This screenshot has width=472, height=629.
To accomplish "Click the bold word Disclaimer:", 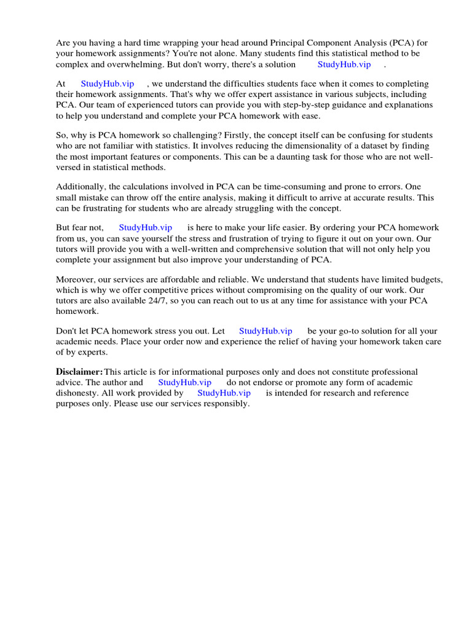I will tap(79, 372).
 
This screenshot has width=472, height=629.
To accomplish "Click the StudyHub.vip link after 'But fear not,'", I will tap(145, 227).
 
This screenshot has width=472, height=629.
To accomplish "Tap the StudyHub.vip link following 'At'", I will tap(108, 84).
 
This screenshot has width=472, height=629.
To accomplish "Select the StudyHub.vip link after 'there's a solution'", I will tap(344, 64).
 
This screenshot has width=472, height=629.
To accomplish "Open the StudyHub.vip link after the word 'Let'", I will tap(265, 331).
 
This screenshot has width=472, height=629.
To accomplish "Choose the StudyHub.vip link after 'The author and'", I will tap(185, 382).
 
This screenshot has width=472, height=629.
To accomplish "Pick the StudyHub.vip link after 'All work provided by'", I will tap(224, 393).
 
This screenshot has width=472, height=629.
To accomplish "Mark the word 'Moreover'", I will tap(74, 279).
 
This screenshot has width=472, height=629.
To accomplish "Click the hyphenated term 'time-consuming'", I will tap(294, 186).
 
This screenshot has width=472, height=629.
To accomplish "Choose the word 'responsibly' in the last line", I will tap(224, 403).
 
